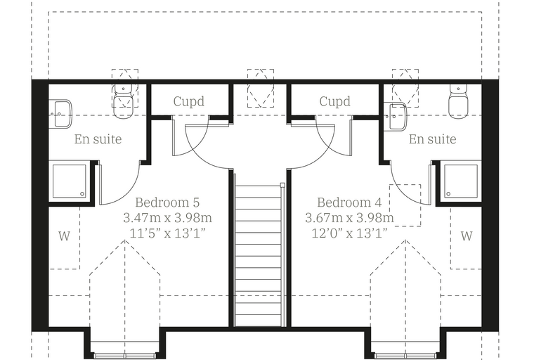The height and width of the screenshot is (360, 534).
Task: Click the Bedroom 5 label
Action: pyautogui.click(x=167, y=202)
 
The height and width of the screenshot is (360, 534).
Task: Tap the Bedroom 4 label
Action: pyautogui.click(x=349, y=202)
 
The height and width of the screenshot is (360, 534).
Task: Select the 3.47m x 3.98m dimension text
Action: pyautogui.click(x=167, y=218)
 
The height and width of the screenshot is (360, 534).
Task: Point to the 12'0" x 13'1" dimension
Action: pyautogui.click(x=350, y=233)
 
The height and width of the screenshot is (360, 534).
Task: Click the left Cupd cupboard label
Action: pyautogui.click(x=189, y=101)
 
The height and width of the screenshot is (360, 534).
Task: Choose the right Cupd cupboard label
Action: pyautogui.click(x=334, y=101)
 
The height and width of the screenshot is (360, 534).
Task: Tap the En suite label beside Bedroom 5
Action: pyautogui.click(x=98, y=139)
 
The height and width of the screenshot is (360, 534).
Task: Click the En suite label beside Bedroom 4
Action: pyautogui.click(x=433, y=139)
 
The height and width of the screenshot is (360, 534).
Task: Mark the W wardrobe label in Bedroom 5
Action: pyautogui.click(x=64, y=236)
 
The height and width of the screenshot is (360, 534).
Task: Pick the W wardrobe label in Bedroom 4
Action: pyautogui.click(x=467, y=236)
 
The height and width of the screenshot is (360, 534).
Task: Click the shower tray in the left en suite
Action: pyautogui.click(x=70, y=181)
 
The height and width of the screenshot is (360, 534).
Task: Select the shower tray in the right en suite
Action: pyautogui.click(x=461, y=181)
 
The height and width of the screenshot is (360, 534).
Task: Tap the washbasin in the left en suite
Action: pyautogui.click(x=60, y=114)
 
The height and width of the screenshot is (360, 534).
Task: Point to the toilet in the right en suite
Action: pyautogui.click(x=458, y=101)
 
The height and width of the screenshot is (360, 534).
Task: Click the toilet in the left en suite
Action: pyautogui.click(x=123, y=101)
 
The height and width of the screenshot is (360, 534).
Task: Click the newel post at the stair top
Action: pyautogui.click(x=282, y=185)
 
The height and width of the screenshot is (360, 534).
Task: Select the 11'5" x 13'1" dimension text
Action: pyautogui.click(x=167, y=233)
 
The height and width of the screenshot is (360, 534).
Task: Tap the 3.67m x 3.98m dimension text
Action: pyautogui.click(x=350, y=218)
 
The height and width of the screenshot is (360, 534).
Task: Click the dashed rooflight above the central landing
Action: pyautogui.click(x=261, y=89)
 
